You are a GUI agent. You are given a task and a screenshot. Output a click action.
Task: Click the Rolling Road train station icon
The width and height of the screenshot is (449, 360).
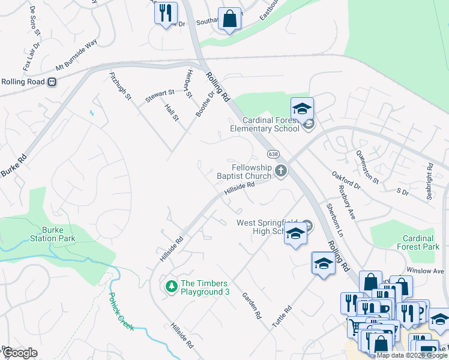[x=52, y=82]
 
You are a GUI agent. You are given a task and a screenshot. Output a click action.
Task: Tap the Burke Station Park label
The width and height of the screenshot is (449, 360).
[x=53, y=234]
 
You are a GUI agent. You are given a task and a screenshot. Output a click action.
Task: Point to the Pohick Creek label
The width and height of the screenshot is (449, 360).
[x=121, y=311]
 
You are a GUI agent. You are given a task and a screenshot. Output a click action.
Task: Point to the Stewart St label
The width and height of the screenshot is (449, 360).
[x=159, y=93]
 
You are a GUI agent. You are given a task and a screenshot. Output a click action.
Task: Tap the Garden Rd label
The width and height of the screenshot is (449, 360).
[x=252, y=305]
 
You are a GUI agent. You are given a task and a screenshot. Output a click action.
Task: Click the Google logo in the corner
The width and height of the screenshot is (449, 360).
[x=20, y=353]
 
